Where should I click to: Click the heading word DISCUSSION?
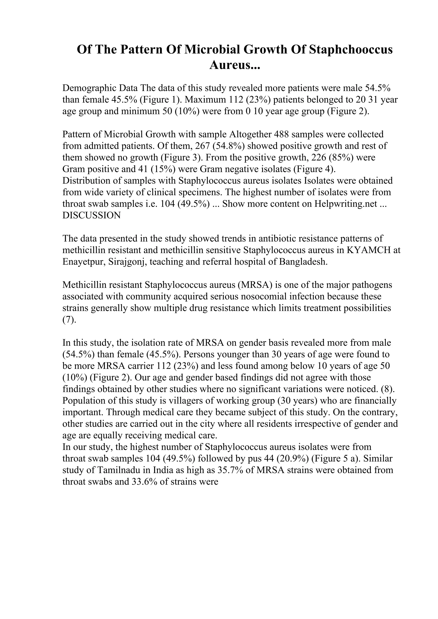pos(92,215)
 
